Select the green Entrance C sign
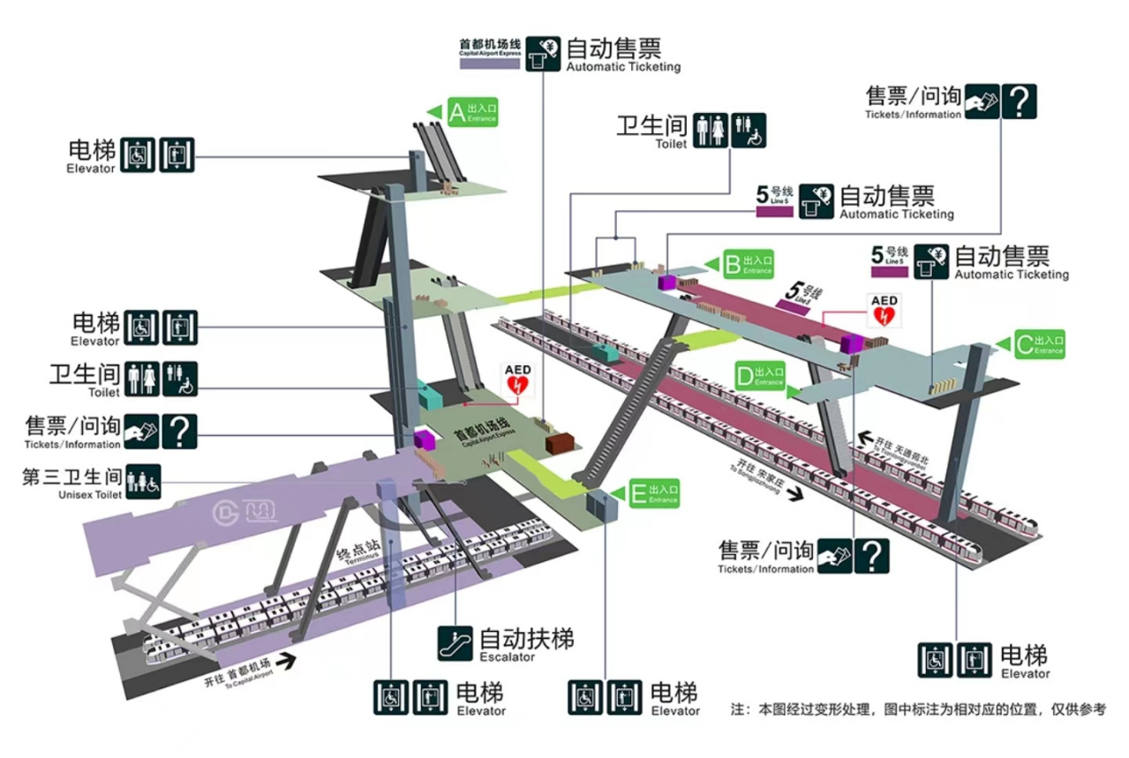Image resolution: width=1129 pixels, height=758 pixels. click(x=1039, y=344)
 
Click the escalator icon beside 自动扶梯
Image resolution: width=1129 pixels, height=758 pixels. click(x=455, y=643)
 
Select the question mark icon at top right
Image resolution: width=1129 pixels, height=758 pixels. click(x=1019, y=101)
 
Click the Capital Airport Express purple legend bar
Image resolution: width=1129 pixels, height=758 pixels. click(x=489, y=64)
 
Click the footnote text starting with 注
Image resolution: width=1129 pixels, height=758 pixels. click(x=917, y=709)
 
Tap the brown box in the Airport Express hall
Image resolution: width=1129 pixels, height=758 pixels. click(x=559, y=443)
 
